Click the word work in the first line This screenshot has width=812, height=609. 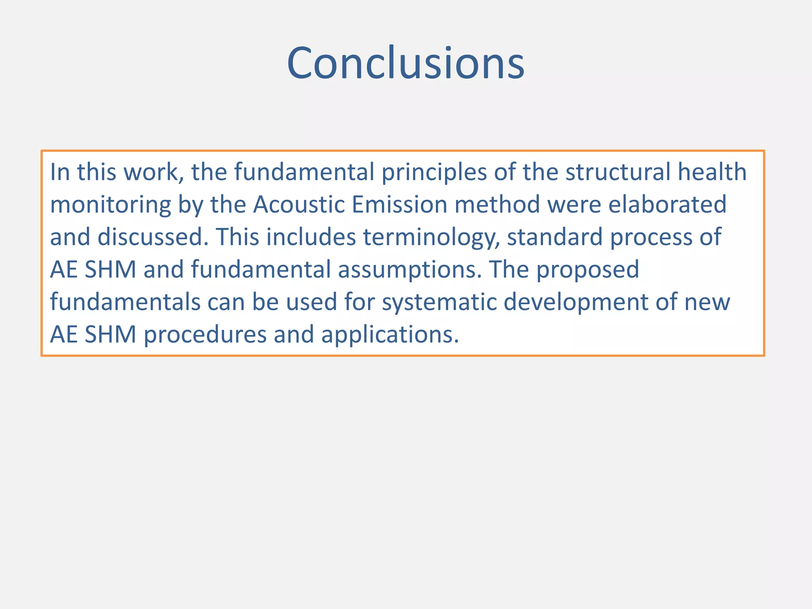pyautogui.click(x=154, y=172)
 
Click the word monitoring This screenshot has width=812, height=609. pyautogui.click(x=110, y=205)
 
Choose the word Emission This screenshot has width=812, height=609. pyautogui.click(x=399, y=205)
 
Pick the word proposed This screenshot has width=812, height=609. pyautogui.click(x=588, y=270)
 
